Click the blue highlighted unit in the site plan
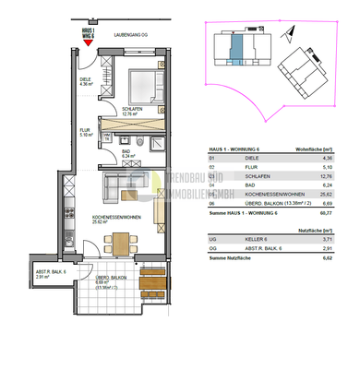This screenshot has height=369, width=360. (235, 49)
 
